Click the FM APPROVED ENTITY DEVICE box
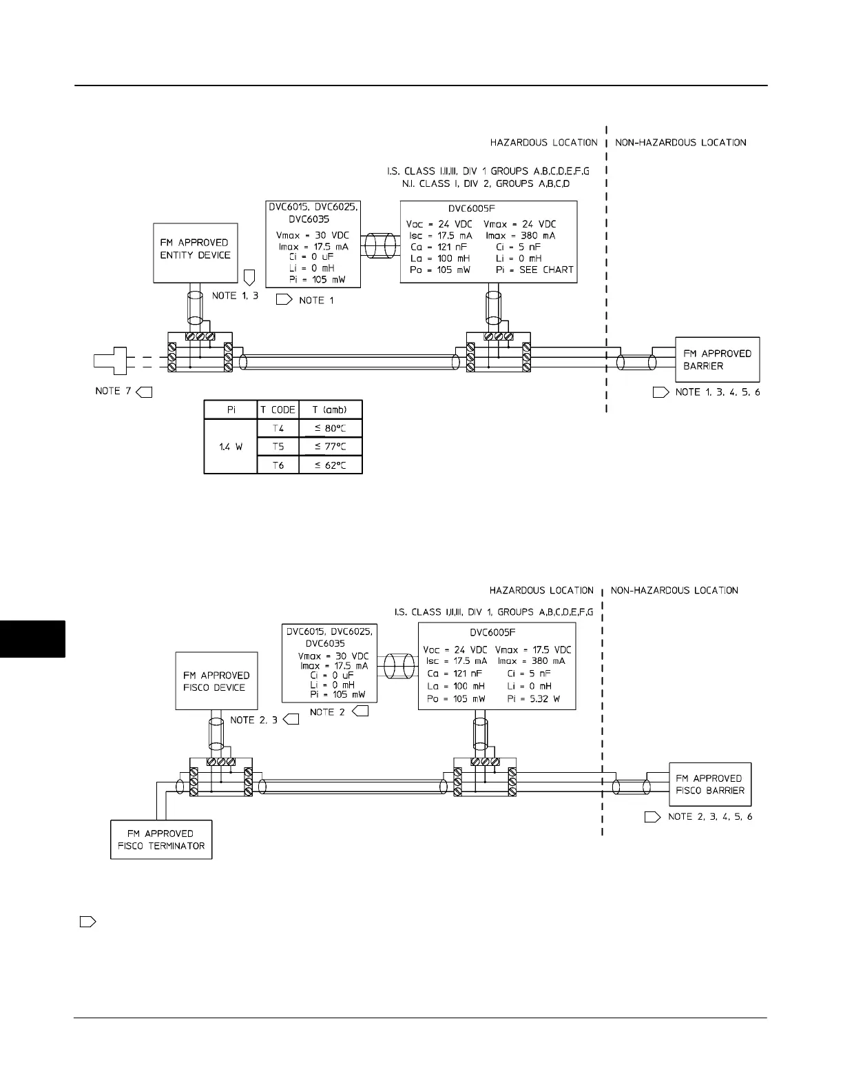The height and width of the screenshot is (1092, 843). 195,252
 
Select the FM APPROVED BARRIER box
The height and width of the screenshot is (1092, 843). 717,359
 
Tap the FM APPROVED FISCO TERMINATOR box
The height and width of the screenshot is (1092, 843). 161,839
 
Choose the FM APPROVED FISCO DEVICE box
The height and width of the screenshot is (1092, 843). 216,680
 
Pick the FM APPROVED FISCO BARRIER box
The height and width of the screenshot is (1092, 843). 709,784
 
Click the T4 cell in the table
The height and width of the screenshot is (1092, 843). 278,428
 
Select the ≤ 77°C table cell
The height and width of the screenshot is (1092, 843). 331,447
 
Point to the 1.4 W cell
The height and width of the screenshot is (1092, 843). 231,447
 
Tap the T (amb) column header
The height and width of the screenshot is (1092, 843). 331,410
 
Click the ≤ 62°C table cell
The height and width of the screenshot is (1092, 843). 331,465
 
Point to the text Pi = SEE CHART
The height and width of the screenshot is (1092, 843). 534,270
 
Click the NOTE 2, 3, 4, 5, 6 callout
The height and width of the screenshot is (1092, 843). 709,817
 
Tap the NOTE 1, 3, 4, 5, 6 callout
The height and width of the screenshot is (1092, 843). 717,392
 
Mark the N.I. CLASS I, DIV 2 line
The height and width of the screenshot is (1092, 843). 486,184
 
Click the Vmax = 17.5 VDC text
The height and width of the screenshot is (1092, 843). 533,649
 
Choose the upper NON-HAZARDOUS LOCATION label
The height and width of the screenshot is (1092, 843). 680,143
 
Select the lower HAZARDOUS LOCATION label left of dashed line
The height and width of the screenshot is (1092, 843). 541,591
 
